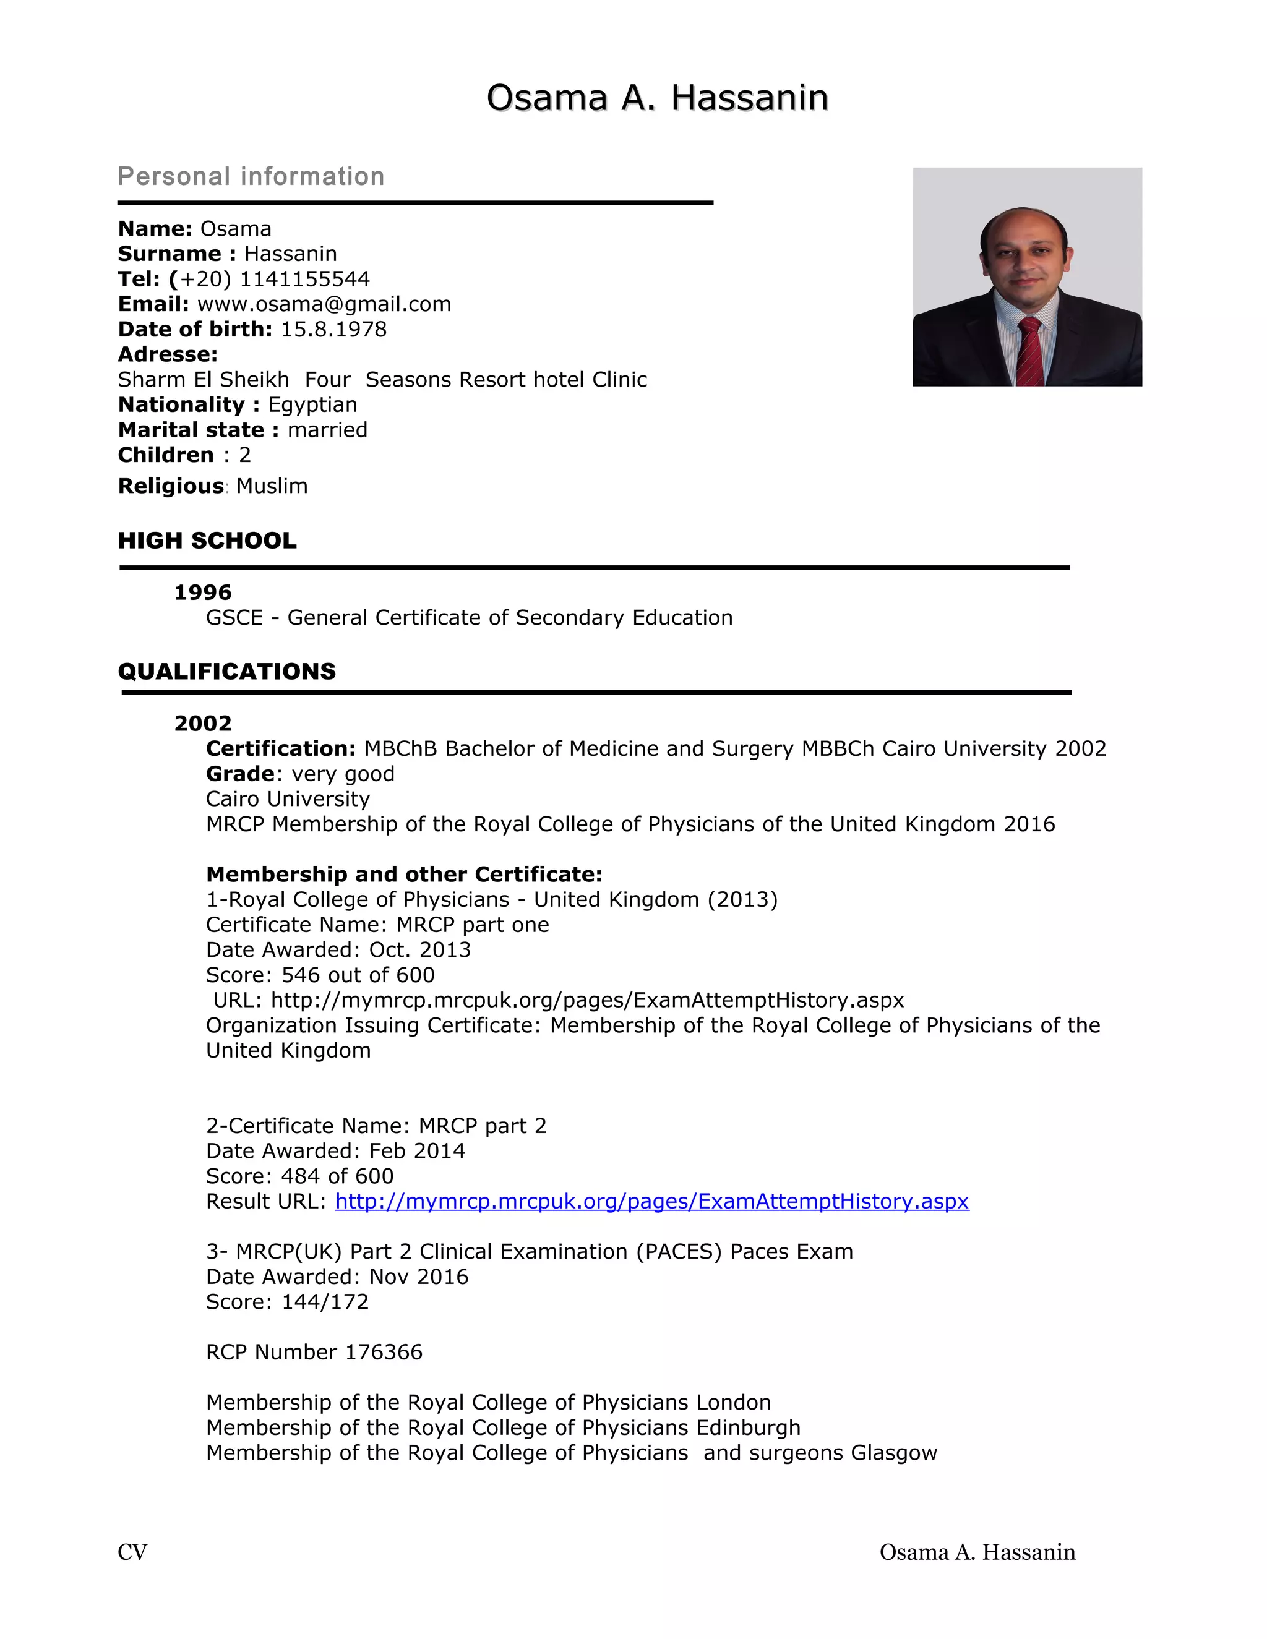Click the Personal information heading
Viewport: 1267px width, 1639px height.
pos(251,176)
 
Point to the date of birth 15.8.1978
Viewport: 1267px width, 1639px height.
pos(333,330)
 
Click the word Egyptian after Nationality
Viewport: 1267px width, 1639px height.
pos(312,404)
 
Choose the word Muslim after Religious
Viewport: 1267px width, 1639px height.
pos(272,486)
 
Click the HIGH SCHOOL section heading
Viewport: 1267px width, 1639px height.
pos(207,541)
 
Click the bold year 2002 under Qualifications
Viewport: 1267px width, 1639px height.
pos(203,724)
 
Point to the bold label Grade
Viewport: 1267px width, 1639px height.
pos(240,774)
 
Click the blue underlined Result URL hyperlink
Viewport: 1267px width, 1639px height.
pos(651,1202)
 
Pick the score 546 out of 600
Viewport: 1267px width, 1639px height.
pos(358,975)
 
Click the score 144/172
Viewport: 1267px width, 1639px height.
pos(324,1301)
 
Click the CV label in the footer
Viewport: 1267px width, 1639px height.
pos(133,1552)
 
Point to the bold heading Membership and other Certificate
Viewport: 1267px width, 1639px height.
pos(404,875)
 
